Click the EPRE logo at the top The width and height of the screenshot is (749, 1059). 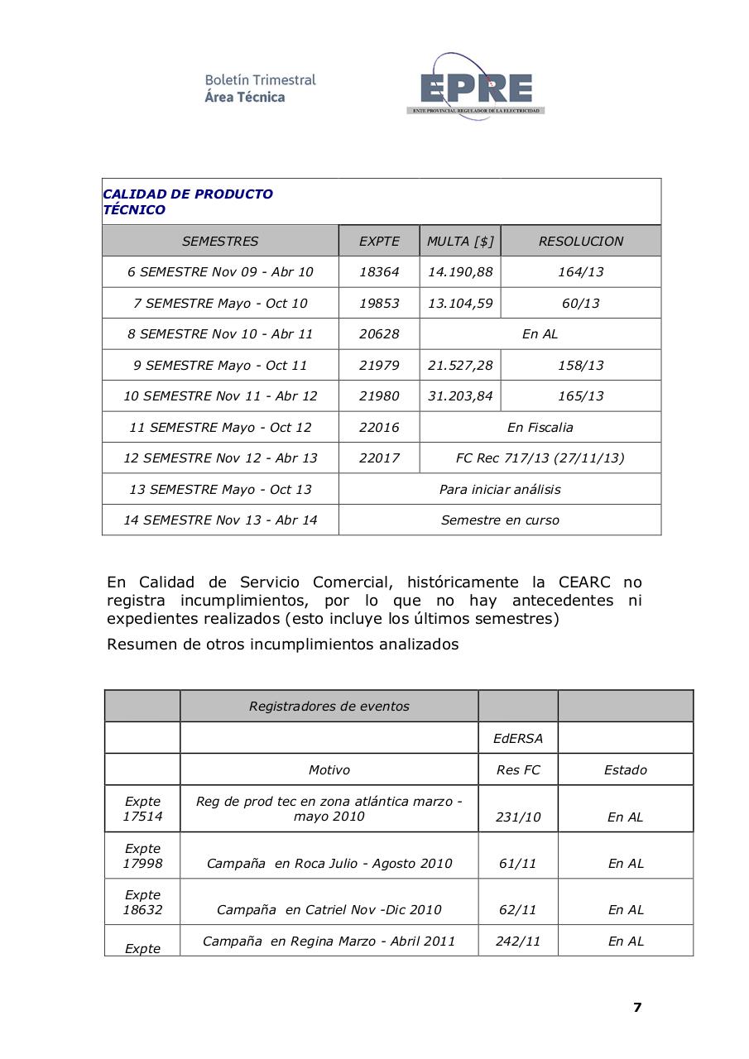tap(475, 87)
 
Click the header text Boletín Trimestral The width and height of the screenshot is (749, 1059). tap(260, 80)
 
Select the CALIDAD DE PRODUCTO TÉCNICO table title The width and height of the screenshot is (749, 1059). tap(188, 202)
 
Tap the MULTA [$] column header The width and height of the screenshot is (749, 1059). tap(460, 242)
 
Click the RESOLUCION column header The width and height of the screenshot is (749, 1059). tap(580, 242)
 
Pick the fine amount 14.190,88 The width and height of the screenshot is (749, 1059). tap(460, 272)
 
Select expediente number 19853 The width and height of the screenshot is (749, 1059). tap(379, 304)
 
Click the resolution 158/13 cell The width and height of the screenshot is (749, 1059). tap(580, 366)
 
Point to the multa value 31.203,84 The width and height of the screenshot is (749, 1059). tap(460, 396)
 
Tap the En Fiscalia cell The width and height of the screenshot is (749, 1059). tap(540, 428)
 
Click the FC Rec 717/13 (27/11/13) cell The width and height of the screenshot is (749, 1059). tap(540, 458)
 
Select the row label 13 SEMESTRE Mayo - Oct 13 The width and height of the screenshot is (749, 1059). tap(220, 490)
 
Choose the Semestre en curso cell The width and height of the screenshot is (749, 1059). tap(500, 520)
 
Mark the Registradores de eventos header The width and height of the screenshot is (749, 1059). tap(329, 707)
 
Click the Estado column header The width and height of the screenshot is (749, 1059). tap(625, 770)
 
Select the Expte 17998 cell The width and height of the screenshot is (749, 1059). tap(142, 855)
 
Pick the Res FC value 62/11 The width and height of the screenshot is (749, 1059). tap(518, 910)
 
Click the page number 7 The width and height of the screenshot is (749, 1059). tap(637, 1008)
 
